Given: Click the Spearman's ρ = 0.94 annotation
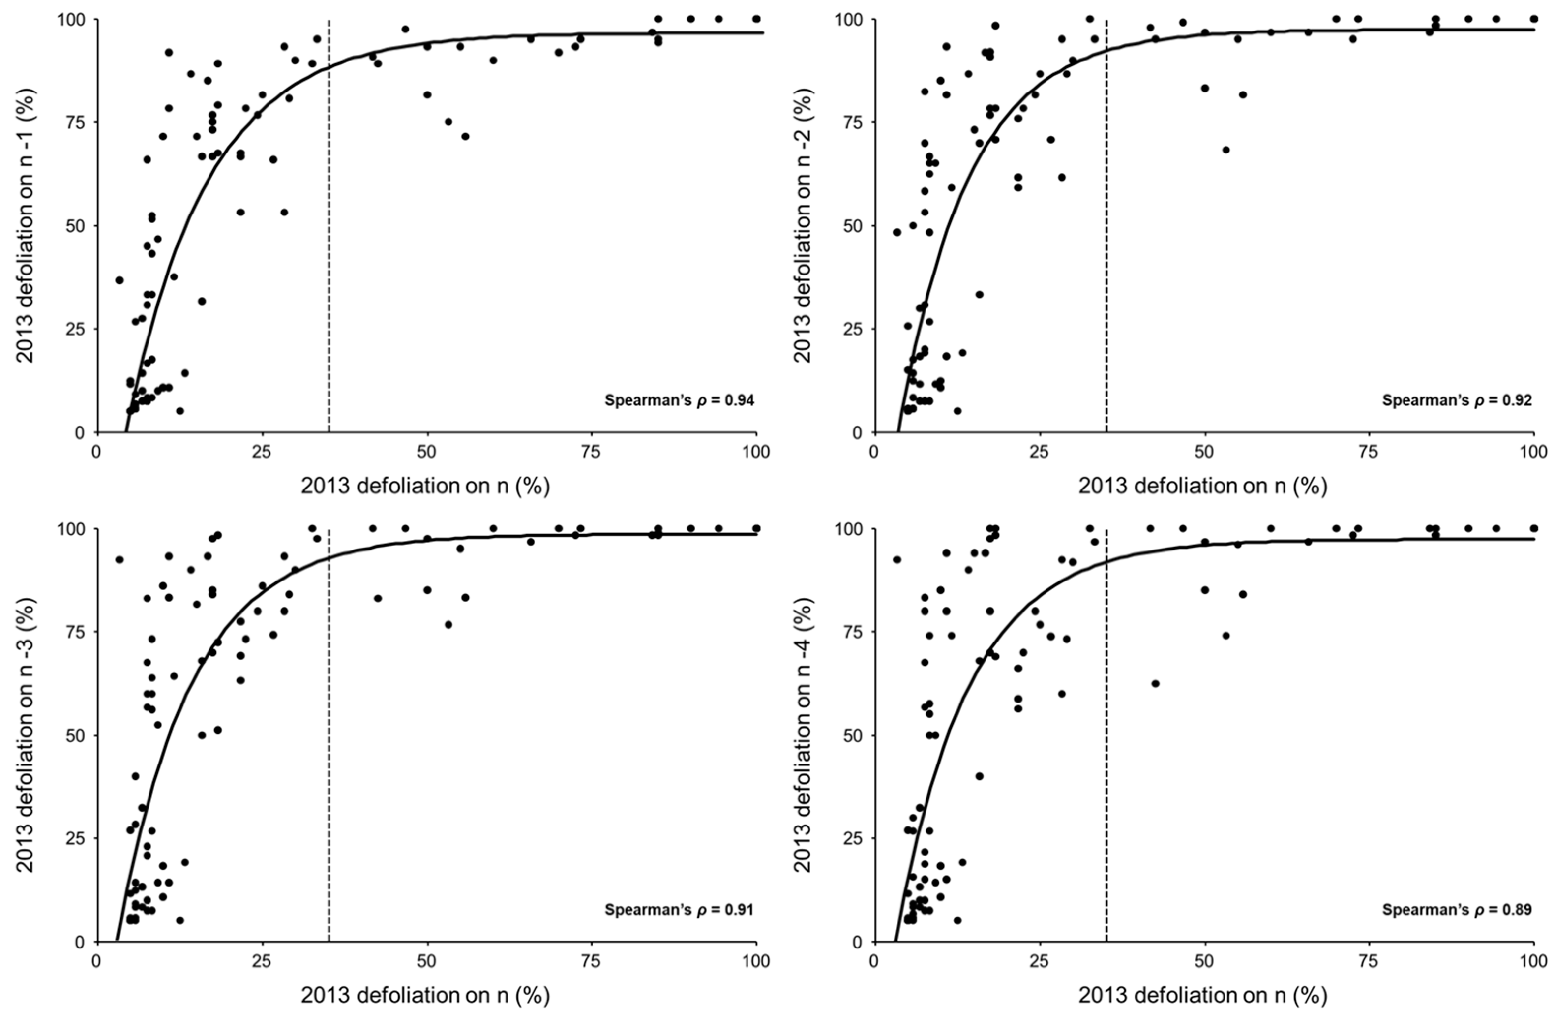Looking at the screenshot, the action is click(x=680, y=401).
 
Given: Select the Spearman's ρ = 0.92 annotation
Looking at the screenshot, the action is click(x=1457, y=401).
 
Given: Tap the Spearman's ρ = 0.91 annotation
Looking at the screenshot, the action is click(x=680, y=910).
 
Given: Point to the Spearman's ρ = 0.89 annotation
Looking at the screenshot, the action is click(x=1457, y=910).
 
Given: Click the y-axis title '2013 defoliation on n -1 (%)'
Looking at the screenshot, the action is click(x=27, y=225).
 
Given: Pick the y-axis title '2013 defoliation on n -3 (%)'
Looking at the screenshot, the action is click(x=27, y=734).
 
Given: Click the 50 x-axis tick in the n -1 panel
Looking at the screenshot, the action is click(x=427, y=452).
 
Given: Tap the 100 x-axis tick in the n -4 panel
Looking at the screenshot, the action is click(x=1533, y=961).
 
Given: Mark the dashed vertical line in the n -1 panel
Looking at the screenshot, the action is click(x=329, y=226).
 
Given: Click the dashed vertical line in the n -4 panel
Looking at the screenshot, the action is click(x=1107, y=734).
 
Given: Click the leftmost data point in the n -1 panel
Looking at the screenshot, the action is click(x=120, y=280).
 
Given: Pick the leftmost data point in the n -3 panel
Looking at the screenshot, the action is click(x=120, y=560).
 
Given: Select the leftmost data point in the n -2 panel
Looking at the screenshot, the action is click(x=897, y=233).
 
